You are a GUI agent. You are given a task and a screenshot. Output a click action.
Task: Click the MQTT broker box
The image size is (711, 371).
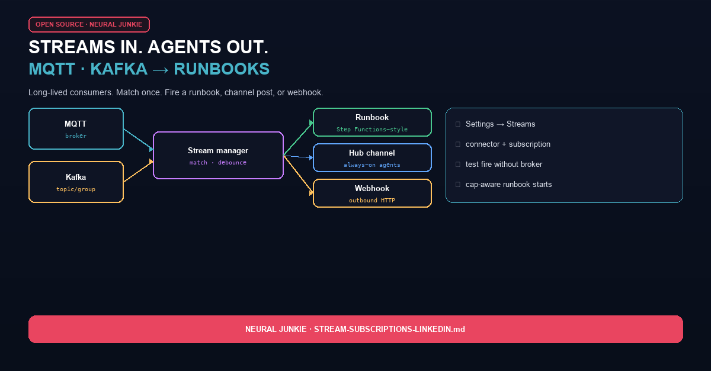(76, 129)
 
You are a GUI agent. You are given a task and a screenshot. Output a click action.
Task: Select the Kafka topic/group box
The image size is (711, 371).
(76, 182)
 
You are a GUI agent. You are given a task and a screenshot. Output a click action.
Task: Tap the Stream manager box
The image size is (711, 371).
(218, 156)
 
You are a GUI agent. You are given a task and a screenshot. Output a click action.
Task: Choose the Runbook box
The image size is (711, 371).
(372, 122)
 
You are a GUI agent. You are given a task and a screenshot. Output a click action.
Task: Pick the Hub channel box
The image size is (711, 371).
(372, 158)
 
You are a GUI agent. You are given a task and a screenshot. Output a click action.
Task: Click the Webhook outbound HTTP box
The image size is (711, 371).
(372, 193)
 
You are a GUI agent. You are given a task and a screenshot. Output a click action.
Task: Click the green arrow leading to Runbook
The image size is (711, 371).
(299, 139)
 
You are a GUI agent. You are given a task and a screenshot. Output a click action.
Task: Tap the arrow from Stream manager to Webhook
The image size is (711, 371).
(299, 175)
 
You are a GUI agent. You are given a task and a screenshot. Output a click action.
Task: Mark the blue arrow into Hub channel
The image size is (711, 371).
(299, 157)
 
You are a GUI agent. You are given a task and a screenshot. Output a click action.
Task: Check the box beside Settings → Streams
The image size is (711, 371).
(457, 124)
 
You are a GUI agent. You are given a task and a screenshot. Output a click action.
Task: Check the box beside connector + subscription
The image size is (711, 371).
(457, 144)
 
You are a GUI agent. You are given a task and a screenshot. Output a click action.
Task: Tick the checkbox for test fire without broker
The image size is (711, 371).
(457, 164)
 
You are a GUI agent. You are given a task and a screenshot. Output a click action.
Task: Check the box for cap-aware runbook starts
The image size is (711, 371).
(457, 185)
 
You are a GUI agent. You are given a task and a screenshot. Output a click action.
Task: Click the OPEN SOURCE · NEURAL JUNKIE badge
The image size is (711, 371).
(89, 24)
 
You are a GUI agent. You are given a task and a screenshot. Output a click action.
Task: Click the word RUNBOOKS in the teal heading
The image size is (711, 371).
(222, 69)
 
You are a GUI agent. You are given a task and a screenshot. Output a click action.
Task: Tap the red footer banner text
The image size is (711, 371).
(355, 329)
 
